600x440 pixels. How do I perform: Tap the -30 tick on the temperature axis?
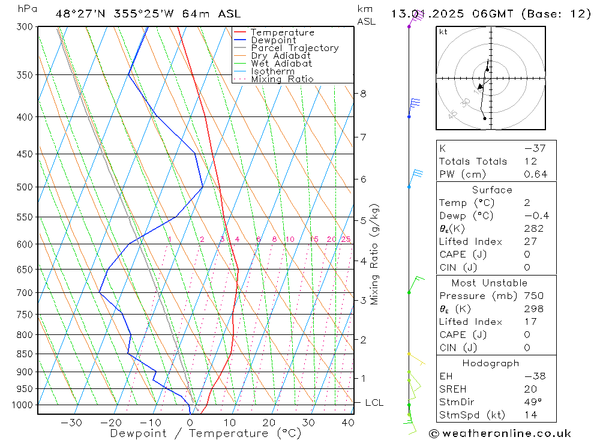click(x=71, y=423)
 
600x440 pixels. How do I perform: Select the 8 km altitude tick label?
click(x=363, y=94)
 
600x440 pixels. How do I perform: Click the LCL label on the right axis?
click(x=374, y=403)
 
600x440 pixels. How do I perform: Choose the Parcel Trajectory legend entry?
click(x=295, y=48)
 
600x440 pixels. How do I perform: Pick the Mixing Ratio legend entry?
click(x=282, y=79)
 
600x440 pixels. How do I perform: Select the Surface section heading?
click(x=492, y=190)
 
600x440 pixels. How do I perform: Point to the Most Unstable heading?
click(x=490, y=283)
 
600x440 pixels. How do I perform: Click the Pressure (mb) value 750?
click(x=533, y=296)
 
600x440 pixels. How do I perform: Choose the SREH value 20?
click(x=530, y=390)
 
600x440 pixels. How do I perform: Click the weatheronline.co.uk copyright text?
click(x=500, y=433)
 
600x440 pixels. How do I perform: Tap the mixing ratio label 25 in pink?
click(x=346, y=240)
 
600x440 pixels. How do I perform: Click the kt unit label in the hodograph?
click(x=443, y=32)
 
